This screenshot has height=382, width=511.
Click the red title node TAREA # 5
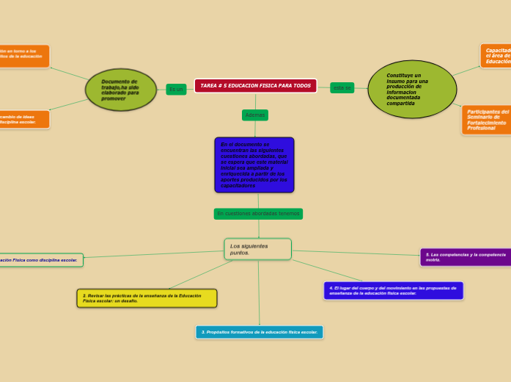click(x=255, y=86)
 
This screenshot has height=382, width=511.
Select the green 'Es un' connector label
click(x=176, y=90)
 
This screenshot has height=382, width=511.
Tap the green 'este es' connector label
click(x=342, y=88)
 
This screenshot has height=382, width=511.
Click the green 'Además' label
click(x=255, y=115)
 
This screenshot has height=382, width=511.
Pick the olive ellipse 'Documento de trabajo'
click(x=121, y=90)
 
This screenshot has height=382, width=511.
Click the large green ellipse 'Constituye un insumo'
click(x=412, y=90)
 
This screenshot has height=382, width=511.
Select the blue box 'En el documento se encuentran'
click(x=254, y=165)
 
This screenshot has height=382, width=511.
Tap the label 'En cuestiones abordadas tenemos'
click(x=258, y=214)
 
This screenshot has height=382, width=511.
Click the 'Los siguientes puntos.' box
click(x=257, y=249)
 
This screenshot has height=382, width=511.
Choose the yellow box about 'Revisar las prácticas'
click(x=147, y=298)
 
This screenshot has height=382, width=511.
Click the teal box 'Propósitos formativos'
click(x=259, y=332)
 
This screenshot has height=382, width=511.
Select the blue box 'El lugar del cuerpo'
click(x=393, y=291)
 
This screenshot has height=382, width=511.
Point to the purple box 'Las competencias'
click(x=466, y=257)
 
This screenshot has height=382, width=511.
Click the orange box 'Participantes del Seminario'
click(x=487, y=120)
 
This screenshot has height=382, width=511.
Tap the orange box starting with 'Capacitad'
click(x=496, y=57)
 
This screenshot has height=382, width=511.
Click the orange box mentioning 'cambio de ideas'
click(x=23, y=119)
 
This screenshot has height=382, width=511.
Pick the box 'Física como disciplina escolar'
click(x=40, y=260)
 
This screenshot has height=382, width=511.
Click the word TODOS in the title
click(x=301, y=86)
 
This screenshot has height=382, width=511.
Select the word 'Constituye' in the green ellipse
click(x=404, y=75)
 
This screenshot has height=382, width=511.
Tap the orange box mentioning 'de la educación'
click(x=23, y=56)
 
